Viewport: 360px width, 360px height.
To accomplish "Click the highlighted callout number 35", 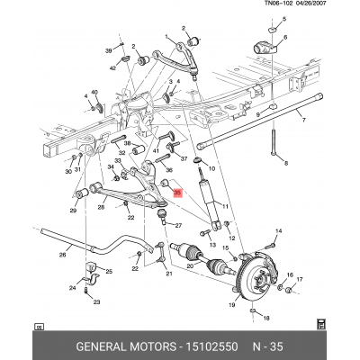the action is coord(177,193).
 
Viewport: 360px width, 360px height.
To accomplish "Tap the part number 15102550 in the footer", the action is coord(211,346).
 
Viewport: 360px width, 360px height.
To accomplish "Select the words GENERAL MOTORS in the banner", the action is coord(126,346).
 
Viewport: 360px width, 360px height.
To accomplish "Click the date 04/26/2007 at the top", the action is coord(310,4).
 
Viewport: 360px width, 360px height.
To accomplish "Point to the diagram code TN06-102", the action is coord(278,4).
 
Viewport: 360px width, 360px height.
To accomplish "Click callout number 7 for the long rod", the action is coord(303,121).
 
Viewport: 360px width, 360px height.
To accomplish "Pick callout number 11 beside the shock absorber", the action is coord(225,206).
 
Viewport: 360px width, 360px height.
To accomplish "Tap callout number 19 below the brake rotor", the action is coord(231,305).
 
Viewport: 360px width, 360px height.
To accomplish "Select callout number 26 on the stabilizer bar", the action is coord(62,255).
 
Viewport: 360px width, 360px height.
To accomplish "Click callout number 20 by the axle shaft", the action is coord(190,265).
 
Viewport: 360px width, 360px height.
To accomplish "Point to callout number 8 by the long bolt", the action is coord(286,164).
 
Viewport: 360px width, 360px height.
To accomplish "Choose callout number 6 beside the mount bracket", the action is coord(285,37).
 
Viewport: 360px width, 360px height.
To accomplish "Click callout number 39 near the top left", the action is coord(108,50).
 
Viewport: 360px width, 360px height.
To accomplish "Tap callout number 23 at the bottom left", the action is coord(96,302).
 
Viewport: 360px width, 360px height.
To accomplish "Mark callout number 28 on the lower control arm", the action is coord(101,207).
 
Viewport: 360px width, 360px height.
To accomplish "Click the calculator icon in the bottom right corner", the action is coord(321,324).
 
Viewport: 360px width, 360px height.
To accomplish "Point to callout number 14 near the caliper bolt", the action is coord(279,231).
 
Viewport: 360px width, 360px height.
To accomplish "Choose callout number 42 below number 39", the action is coord(112,68).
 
